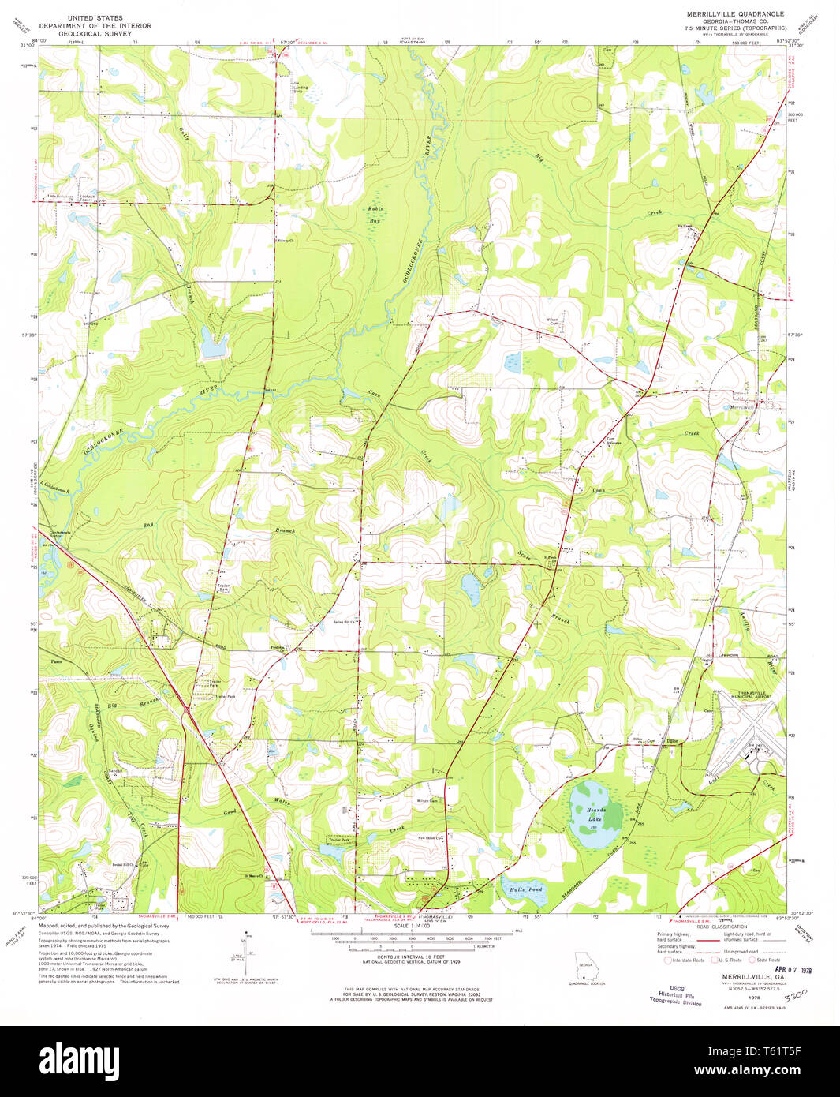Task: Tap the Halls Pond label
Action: click(x=526, y=889)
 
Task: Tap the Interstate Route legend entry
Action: click(x=687, y=960)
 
